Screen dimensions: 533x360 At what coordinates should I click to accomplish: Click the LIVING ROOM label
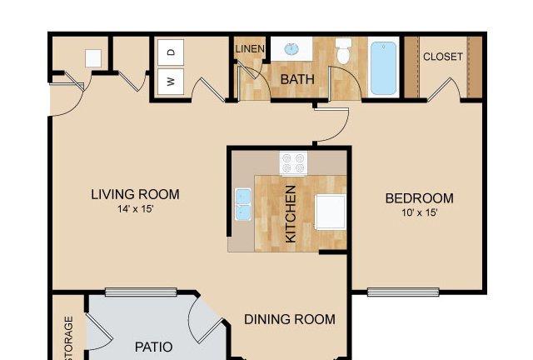[x=135, y=194]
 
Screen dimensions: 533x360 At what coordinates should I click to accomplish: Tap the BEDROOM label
[x=420, y=198]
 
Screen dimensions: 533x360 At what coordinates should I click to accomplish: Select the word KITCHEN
[x=291, y=214]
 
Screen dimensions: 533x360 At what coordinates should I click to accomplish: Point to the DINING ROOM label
[x=290, y=319]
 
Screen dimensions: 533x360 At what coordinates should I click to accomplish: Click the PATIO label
[x=153, y=347]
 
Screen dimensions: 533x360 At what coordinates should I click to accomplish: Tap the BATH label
[x=297, y=79]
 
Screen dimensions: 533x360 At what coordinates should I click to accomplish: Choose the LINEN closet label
[x=250, y=49]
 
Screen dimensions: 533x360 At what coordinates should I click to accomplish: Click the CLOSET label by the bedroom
[x=443, y=57]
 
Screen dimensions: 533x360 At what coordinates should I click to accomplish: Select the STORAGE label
[x=68, y=337]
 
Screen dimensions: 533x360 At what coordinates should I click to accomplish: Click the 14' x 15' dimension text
[x=136, y=208]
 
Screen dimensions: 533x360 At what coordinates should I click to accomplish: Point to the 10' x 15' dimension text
[x=420, y=212]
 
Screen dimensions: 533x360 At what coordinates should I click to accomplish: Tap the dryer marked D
[x=171, y=52]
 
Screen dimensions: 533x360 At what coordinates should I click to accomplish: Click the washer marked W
[x=171, y=82]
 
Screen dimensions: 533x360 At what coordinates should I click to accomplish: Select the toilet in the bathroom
[x=343, y=52]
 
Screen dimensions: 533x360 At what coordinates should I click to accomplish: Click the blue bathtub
[x=383, y=68]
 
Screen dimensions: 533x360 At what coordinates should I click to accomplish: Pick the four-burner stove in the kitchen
[x=293, y=163]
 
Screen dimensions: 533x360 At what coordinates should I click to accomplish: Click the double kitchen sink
[x=243, y=204]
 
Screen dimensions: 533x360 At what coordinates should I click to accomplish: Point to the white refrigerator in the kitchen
[x=331, y=212]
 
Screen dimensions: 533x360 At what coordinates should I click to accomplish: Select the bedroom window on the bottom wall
[x=403, y=292]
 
